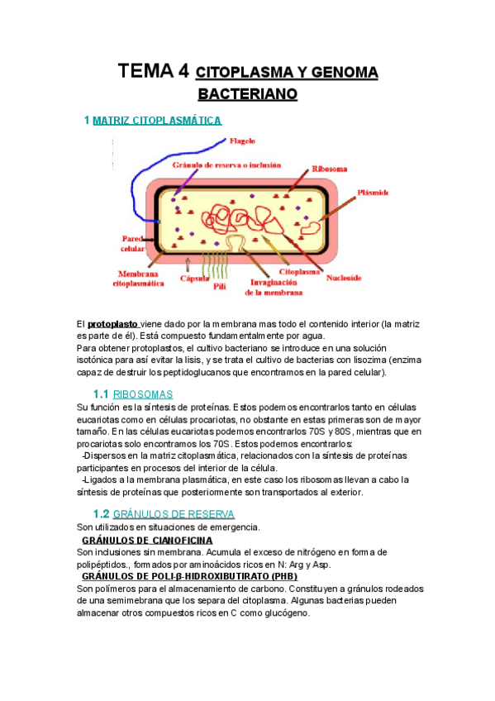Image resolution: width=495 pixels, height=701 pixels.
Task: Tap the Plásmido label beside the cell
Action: click(x=372, y=193)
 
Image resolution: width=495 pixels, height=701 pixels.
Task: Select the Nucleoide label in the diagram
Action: click(x=343, y=278)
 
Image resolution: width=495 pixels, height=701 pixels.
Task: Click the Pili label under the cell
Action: click(x=220, y=286)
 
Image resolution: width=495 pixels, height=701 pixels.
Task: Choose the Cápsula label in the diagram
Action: click(x=195, y=279)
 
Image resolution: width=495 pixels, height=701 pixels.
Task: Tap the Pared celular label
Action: click(x=133, y=243)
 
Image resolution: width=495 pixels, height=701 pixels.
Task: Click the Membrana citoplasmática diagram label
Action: click(x=143, y=278)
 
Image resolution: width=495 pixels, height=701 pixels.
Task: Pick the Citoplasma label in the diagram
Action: click(x=300, y=270)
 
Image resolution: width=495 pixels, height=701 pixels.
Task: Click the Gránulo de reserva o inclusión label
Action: click(x=226, y=165)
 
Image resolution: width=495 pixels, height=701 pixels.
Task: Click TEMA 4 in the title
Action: click(x=153, y=71)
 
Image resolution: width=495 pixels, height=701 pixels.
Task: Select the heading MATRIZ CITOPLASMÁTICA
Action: click(x=157, y=121)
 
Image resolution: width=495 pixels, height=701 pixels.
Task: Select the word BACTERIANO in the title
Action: click(x=247, y=94)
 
